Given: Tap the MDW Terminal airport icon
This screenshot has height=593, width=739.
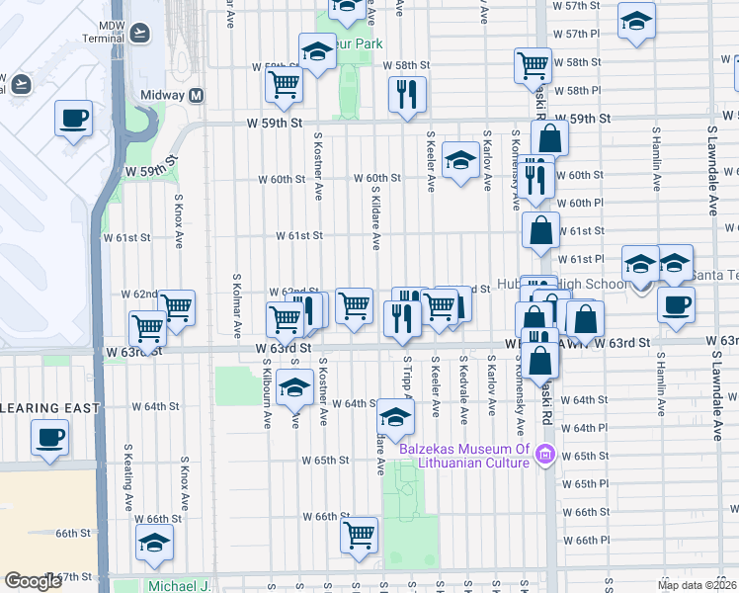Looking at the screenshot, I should [x=138, y=32].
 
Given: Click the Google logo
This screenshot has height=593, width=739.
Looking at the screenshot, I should [x=34, y=581].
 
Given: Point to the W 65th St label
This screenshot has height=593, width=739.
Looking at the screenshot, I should [x=325, y=461].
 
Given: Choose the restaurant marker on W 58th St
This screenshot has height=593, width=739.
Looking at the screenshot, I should [x=407, y=95].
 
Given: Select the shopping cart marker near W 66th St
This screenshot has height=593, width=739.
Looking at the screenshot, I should [x=360, y=535].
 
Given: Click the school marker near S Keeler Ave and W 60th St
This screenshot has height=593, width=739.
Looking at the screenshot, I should [x=460, y=161].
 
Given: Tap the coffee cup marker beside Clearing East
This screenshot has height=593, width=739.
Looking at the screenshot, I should [x=49, y=436].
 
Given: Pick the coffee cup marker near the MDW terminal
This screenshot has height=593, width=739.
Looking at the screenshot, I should [x=73, y=119].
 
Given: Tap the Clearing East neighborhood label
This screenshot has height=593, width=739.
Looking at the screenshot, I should [x=49, y=408].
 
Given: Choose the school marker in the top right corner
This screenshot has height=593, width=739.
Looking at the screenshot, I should [x=636, y=20].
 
